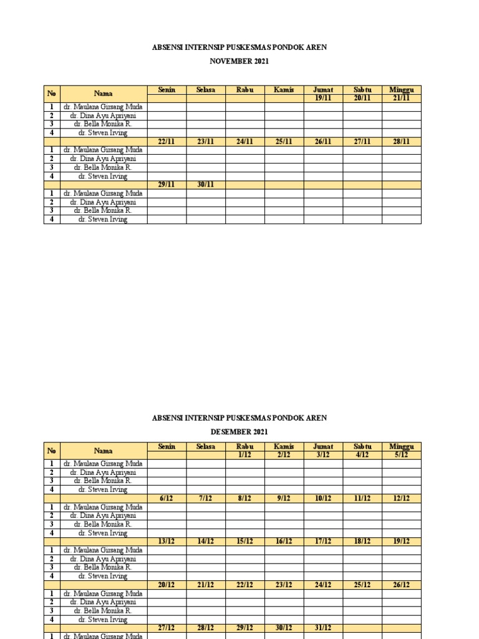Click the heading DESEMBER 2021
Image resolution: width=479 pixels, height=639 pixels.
click(x=239, y=431)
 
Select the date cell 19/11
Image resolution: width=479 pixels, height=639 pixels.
click(x=323, y=98)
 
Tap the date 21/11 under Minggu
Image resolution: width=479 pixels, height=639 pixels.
click(x=401, y=98)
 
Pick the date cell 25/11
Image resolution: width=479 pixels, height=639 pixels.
click(x=284, y=142)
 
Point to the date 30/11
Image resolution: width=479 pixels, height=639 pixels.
click(x=206, y=185)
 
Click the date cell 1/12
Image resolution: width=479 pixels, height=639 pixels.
click(x=244, y=455)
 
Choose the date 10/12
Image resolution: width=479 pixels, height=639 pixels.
click(x=323, y=498)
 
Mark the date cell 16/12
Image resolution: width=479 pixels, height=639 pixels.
click(x=284, y=541)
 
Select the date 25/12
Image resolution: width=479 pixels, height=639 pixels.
click(x=362, y=585)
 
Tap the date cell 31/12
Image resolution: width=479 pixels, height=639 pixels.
click(x=323, y=628)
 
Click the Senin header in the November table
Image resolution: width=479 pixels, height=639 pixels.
click(x=167, y=90)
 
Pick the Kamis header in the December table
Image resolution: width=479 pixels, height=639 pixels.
click(x=284, y=447)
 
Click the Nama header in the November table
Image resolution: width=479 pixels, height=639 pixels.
click(x=104, y=94)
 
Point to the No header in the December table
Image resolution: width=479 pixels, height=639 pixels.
click(x=52, y=451)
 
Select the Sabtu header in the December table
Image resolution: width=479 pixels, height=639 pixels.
click(x=362, y=447)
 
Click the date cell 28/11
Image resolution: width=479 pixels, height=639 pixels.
click(x=401, y=142)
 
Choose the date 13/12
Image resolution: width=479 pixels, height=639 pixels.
click(x=167, y=541)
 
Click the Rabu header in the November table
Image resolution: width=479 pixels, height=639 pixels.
click(x=244, y=90)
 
